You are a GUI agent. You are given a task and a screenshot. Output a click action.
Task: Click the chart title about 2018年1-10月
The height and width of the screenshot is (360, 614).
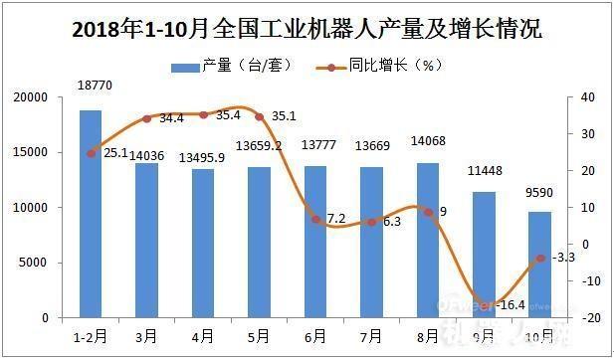(x=307, y=28)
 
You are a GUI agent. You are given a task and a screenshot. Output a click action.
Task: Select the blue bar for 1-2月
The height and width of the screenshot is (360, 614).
(x=91, y=214)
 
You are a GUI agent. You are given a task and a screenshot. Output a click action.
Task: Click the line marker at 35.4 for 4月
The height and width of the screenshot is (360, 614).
(x=204, y=114)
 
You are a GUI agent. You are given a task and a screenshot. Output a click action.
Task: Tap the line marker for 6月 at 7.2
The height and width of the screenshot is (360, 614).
(x=315, y=219)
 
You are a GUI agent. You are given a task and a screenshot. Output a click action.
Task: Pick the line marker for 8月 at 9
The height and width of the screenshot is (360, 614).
(x=428, y=212)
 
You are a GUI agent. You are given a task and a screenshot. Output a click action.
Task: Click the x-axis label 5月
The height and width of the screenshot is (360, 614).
(x=259, y=336)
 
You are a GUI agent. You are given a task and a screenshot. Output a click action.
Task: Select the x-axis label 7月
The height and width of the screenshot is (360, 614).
(x=371, y=336)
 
